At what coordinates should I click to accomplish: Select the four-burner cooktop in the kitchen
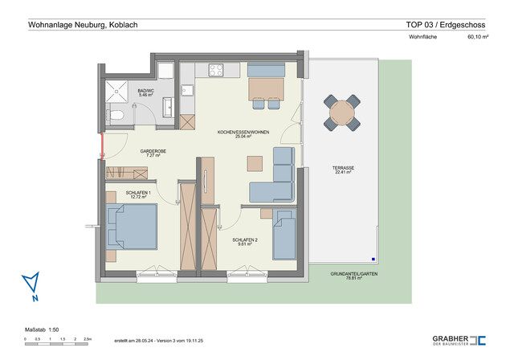(x=218, y=70)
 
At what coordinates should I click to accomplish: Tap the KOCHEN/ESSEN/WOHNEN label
(x=243, y=133)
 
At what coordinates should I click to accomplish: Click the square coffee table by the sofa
(x=255, y=162)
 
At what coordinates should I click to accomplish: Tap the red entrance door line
(x=101, y=148)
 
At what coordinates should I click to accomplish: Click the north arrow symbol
(x=31, y=285)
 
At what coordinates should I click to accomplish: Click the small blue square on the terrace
(x=374, y=259)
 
